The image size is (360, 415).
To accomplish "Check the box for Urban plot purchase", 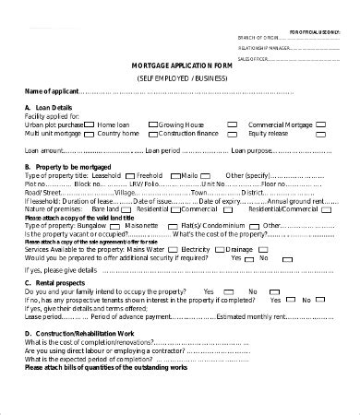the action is tap(89, 125).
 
